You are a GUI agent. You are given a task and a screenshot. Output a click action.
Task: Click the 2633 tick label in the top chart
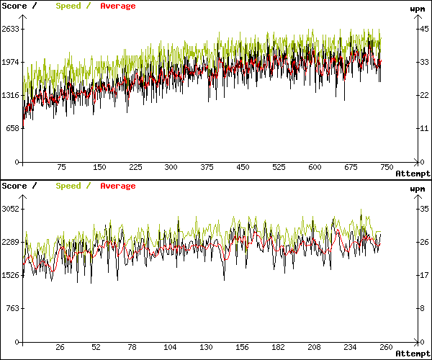pyautogui.click(x=10, y=29)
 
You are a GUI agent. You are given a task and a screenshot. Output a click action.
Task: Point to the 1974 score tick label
pyautogui.click(x=10, y=62)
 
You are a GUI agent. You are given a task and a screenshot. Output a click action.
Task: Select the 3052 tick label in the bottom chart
pyautogui.click(x=10, y=209)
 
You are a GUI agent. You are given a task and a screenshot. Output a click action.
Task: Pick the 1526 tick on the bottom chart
pyautogui.click(x=10, y=275)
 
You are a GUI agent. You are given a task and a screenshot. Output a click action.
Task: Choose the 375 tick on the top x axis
pyautogui.click(x=207, y=167)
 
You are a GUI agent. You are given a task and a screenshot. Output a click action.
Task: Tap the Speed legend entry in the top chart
pyautogui.click(x=68, y=6)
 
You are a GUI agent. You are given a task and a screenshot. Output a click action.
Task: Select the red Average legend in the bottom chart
pyautogui.click(x=117, y=186)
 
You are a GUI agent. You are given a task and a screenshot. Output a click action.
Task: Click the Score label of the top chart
pyautogui.click(x=14, y=6)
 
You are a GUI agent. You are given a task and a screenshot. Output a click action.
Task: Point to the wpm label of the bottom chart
pyautogui.click(x=417, y=189)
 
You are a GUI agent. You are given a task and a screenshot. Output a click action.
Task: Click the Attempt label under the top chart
pyautogui.click(x=413, y=174)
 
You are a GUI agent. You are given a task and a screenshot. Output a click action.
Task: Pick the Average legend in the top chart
pyautogui.click(x=117, y=6)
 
